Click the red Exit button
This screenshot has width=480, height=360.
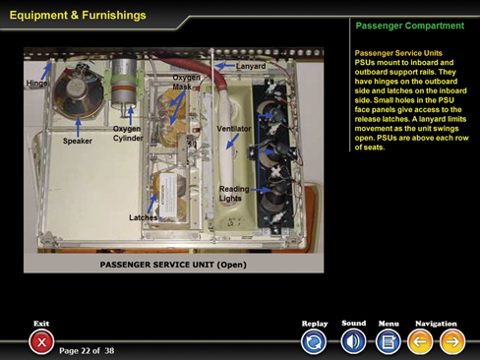click(x=41, y=342)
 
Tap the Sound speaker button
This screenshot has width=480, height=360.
click(x=353, y=341)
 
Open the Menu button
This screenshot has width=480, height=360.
click(x=389, y=342)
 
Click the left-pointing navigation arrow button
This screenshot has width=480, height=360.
click(x=420, y=342)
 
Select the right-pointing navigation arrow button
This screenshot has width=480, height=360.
click(x=452, y=342)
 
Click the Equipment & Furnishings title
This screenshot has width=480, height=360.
click(x=78, y=15)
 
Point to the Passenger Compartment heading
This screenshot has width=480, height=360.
click(x=410, y=26)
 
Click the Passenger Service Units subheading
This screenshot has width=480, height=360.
click(x=398, y=53)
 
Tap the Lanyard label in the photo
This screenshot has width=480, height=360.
click(x=251, y=66)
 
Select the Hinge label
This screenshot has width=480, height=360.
click(x=36, y=83)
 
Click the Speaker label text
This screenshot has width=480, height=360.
click(x=78, y=141)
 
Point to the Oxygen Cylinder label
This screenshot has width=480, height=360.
click(x=128, y=133)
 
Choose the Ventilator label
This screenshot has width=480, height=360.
click(x=234, y=129)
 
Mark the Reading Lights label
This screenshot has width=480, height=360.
click(x=234, y=194)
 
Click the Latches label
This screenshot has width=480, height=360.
click(x=144, y=217)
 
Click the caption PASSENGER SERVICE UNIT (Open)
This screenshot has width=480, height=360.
click(x=173, y=265)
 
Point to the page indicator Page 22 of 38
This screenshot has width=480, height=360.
click(x=87, y=351)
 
